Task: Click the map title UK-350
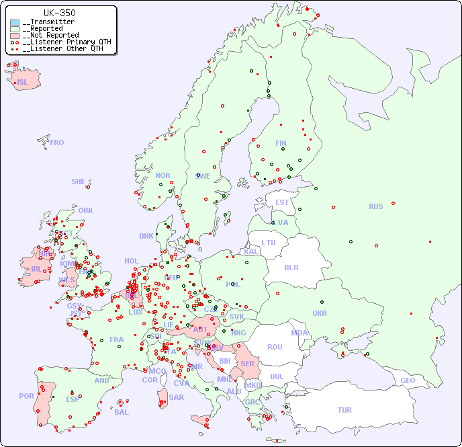(59, 13)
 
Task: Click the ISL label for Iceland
(23, 83)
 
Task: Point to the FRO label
(56, 143)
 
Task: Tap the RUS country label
(375, 206)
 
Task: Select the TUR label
(344, 410)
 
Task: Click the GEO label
(408, 380)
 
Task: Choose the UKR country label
(320, 313)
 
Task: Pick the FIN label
(281, 143)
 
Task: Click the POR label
(26, 396)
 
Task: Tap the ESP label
(73, 399)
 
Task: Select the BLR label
(291, 267)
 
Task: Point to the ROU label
(275, 347)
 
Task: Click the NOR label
(163, 175)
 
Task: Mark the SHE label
(79, 181)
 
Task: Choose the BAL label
(122, 412)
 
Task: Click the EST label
(282, 202)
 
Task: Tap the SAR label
(176, 397)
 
